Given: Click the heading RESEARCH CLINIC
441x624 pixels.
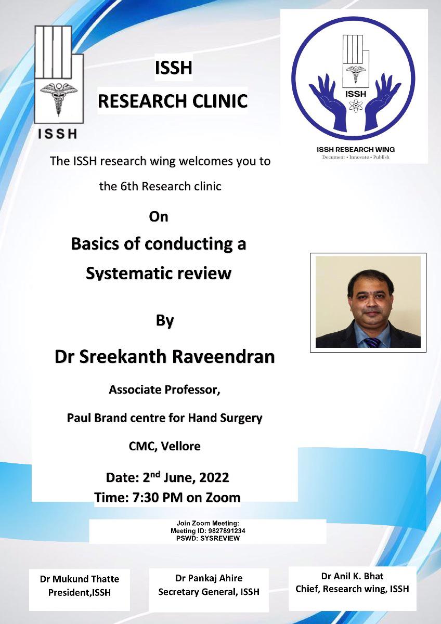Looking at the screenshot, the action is pos(173,101).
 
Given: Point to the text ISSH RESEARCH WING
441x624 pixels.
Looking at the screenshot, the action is pos(356,149).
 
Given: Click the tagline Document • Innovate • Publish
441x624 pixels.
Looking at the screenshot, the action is pos(356,157).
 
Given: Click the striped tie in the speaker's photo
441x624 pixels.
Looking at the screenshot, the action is pos(372,342).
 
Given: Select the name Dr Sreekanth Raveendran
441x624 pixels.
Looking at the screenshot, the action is pos(165,357).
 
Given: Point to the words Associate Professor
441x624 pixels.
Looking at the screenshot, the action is pos(165,389).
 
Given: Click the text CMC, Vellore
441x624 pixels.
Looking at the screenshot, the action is pos(165,446).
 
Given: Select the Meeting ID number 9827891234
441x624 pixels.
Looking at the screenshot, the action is pos(227,531).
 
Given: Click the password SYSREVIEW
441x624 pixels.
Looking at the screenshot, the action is pos(220,538).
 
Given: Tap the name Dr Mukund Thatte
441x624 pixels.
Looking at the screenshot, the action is pos(80,579).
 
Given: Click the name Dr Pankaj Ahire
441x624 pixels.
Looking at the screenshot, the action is pos(209,578).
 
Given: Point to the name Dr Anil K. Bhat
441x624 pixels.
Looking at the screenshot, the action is pos(352,576).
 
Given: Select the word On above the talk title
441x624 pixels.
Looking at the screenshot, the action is pos(159,217).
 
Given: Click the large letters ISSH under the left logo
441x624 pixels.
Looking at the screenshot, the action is pos(57,134).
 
